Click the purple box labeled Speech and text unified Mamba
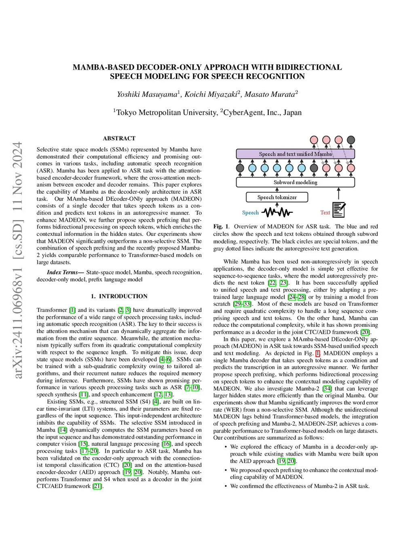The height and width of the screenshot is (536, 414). (295, 154)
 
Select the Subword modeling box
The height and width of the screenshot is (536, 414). (295, 182)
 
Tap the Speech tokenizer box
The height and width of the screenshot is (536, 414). (277, 197)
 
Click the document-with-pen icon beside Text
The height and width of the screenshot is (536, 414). (339, 210)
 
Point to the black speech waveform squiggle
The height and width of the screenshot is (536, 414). (277, 212)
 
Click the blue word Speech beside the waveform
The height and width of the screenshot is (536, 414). (250, 212)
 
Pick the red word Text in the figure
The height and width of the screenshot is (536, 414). (325, 212)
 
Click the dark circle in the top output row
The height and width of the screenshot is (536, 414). (351, 140)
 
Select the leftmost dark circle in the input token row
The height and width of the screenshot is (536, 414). (240, 167)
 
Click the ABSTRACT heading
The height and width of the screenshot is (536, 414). (119, 138)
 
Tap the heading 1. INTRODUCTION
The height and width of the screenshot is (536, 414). (119, 296)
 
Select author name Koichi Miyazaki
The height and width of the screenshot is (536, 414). (211, 94)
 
